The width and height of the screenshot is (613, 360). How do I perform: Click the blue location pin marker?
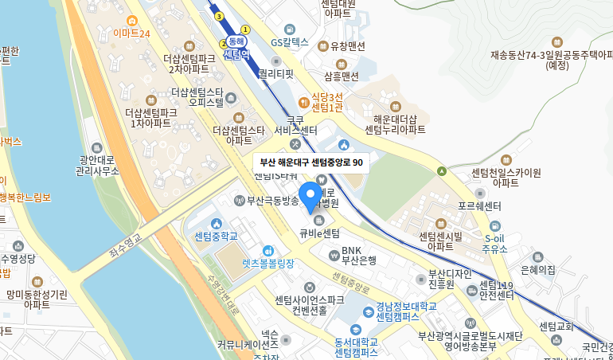click(310, 195)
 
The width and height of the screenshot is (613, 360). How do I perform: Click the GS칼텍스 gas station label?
click(289, 42)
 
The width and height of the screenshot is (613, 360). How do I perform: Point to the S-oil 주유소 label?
click(495, 243)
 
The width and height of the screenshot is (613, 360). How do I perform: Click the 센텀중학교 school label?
click(217, 237)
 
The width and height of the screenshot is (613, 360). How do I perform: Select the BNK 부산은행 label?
click(358, 254)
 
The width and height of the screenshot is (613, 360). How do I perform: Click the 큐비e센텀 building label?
click(319, 233)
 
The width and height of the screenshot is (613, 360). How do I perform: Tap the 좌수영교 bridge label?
click(125, 248)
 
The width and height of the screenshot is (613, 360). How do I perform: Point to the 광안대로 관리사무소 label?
click(96, 165)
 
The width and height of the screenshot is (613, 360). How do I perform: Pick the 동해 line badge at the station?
click(236, 41)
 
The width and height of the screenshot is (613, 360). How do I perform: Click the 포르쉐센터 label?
click(478, 205)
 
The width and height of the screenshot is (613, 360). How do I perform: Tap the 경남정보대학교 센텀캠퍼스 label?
click(395, 311)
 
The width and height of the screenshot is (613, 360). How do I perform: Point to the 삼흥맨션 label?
click(342, 76)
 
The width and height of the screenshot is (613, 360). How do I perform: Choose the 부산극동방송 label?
click(271, 200)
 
